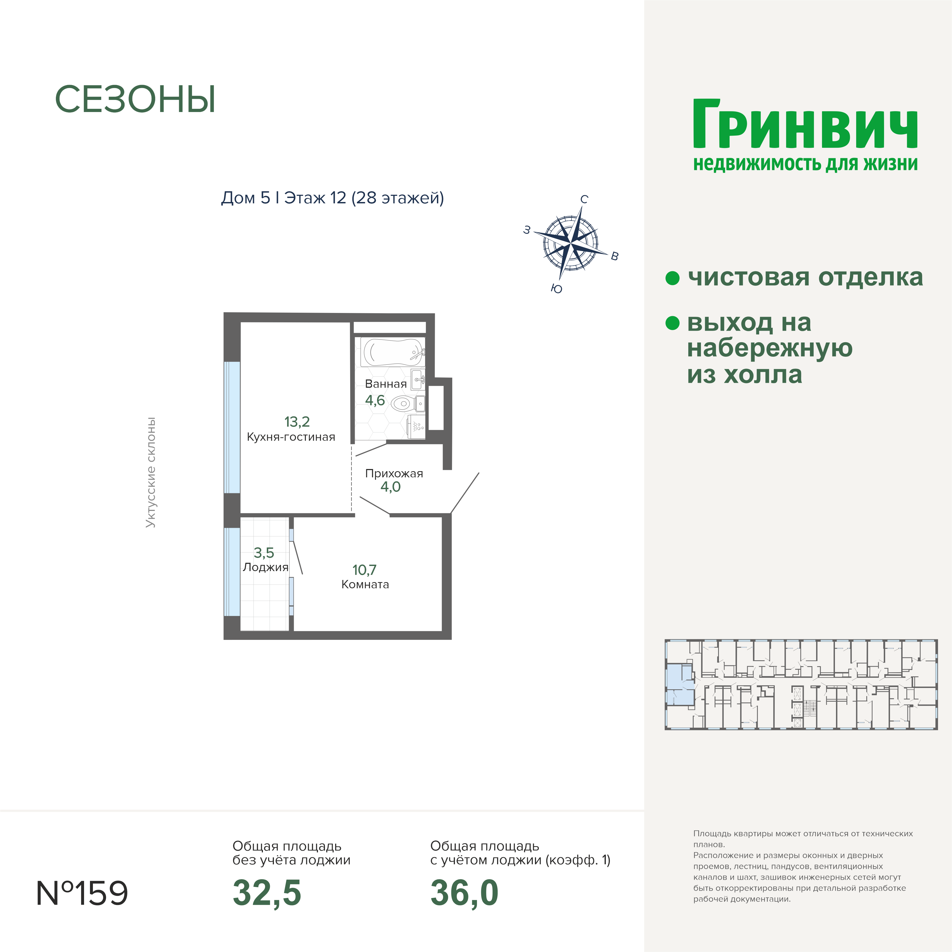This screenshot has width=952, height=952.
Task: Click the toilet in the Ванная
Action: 407,404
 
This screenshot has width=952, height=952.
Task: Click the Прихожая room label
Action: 394,474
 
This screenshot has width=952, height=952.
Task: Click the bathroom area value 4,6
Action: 375,400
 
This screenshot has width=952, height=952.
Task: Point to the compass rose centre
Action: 571,243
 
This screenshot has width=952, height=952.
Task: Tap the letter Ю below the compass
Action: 556,289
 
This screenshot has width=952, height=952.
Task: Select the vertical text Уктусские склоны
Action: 151,472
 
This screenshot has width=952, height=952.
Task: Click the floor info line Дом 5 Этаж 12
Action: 333,198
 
